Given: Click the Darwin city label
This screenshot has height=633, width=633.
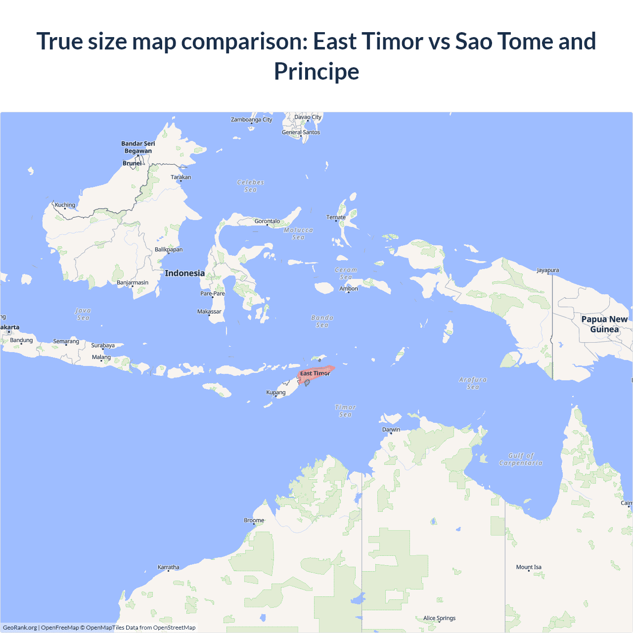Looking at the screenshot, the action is (391, 430).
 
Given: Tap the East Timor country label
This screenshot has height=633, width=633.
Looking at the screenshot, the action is (315, 373).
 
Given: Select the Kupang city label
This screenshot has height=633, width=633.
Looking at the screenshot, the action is (276, 393).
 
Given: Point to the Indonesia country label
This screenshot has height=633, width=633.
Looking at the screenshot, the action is (185, 273).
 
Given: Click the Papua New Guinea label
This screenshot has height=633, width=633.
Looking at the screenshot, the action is (604, 324).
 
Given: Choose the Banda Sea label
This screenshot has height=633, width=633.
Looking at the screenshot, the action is (322, 321).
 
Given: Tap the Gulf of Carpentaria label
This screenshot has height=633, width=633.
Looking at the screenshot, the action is (521, 459).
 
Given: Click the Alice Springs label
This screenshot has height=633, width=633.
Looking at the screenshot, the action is (439, 618).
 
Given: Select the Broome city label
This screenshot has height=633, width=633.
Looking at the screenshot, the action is (254, 520).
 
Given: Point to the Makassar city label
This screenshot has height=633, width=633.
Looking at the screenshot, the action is (209, 312).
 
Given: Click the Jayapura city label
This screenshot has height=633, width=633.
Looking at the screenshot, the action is (547, 270).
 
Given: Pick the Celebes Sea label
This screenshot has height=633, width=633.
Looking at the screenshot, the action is (251, 186).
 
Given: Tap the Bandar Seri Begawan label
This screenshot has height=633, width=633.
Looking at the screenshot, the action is (138, 147).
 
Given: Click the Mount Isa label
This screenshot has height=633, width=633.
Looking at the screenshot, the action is (529, 567).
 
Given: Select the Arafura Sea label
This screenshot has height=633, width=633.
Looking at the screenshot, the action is (473, 383).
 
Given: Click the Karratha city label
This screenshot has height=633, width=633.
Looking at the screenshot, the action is (168, 567).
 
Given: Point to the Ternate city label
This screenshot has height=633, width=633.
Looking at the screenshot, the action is (336, 217).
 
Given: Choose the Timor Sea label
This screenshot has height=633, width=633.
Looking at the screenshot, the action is (345, 411).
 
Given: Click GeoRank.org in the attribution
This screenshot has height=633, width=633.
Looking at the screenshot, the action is (20, 628).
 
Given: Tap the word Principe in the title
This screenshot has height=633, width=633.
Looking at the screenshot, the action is (316, 71).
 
